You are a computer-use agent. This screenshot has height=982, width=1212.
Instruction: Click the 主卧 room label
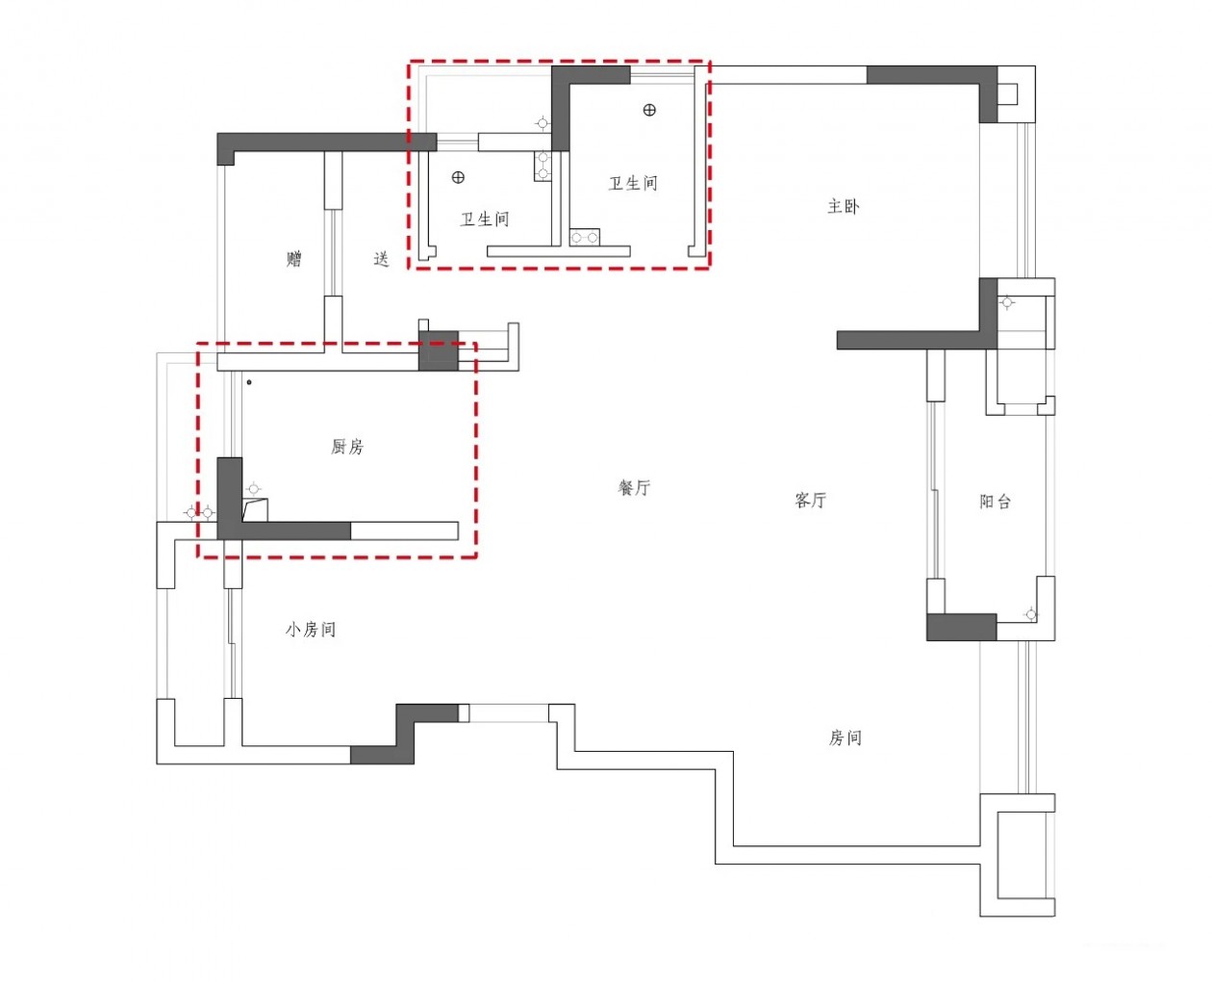point(843,206)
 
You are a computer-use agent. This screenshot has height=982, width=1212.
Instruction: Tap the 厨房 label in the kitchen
point(347,447)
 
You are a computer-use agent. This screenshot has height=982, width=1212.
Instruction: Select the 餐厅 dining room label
point(634,488)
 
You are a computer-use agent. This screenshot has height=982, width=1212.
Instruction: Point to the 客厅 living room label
point(810,501)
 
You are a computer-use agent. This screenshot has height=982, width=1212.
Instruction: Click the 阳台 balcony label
point(995,502)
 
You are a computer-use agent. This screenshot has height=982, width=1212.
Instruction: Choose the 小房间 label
point(310,630)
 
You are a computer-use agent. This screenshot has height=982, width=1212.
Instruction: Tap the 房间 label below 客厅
point(845,737)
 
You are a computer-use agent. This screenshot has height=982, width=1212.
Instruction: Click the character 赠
point(294,258)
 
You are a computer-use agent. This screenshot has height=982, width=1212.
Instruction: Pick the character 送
point(381,259)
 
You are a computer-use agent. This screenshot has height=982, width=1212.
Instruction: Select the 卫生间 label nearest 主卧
point(633,183)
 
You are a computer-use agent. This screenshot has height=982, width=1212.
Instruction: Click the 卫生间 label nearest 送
point(484,220)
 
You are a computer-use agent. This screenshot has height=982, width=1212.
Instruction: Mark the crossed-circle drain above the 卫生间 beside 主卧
point(649,110)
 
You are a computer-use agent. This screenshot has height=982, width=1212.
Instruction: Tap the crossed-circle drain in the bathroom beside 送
point(458,177)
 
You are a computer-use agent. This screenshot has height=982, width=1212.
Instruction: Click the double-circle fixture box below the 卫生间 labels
point(584,237)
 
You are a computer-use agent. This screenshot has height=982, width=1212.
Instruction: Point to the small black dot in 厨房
point(249,382)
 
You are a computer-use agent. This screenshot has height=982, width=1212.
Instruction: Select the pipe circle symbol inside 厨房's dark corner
point(254,490)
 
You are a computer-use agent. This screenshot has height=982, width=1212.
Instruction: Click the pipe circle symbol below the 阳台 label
point(1030,614)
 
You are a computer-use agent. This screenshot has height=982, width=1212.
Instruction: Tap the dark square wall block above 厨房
point(438,350)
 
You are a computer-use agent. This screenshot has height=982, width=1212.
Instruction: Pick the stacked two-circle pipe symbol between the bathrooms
point(543,166)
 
